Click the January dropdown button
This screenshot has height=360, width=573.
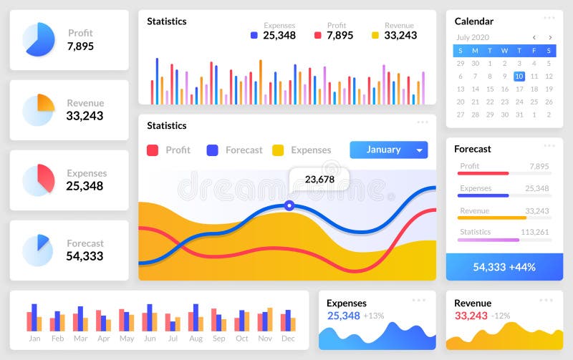click(x=388, y=150)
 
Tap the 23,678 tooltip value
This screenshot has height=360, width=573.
click(x=319, y=180)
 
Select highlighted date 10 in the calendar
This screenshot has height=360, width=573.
click(x=519, y=77)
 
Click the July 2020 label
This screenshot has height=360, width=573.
click(x=473, y=37)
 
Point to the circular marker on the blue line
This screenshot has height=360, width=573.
click(x=289, y=205)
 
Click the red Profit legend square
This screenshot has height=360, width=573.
click(x=153, y=150)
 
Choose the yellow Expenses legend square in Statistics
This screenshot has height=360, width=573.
click(x=278, y=150)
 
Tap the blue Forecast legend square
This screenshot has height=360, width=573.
click(x=213, y=150)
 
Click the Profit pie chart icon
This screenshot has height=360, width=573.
click(x=39, y=39)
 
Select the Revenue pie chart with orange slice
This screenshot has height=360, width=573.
click(x=39, y=110)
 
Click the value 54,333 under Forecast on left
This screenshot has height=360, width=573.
click(x=85, y=256)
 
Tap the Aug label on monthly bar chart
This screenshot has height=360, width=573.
click(x=196, y=339)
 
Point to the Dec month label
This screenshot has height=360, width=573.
click(x=288, y=339)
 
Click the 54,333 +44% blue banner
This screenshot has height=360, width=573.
click(x=504, y=267)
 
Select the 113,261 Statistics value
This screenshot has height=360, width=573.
click(x=534, y=232)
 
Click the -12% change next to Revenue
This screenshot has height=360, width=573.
click(x=501, y=316)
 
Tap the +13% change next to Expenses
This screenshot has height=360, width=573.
click(x=373, y=316)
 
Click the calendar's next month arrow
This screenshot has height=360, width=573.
click(x=550, y=37)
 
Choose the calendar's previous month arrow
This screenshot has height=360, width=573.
click(x=534, y=37)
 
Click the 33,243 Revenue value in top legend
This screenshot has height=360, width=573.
click(x=400, y=35)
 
